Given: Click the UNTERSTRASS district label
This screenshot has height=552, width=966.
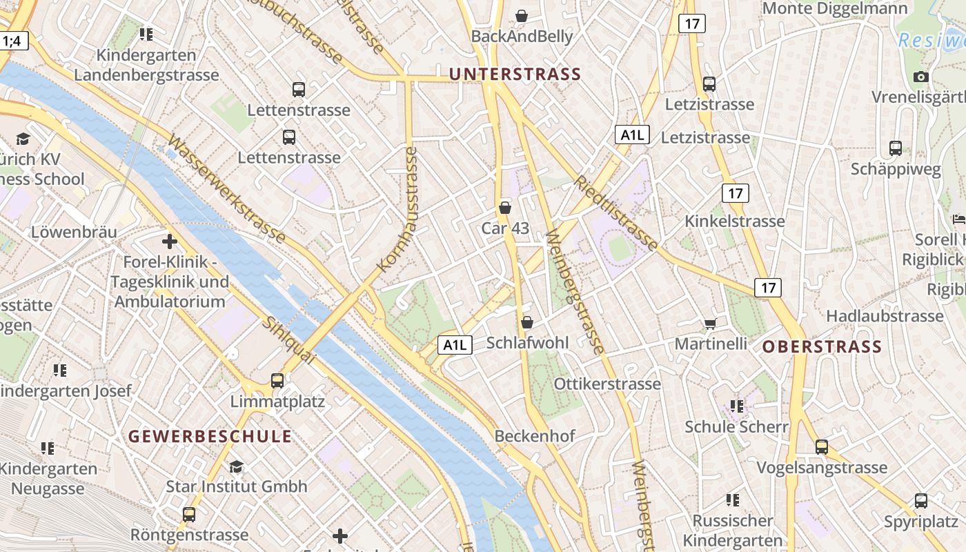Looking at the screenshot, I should tap(515, 74).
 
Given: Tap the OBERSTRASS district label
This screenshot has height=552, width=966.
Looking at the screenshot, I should tap(822, 346).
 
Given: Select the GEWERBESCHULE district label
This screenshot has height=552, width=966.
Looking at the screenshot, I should tap(210, 436).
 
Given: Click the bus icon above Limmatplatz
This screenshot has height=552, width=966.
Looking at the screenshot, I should tap(277, 380).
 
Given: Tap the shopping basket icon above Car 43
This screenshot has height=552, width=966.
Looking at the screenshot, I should tap(505, 207).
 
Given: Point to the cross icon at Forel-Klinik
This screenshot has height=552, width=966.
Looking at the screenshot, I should tap(170, 241).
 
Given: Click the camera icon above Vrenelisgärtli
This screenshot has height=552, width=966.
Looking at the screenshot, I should tap(920, 77).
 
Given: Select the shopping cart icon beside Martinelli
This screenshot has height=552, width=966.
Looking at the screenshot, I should tap(710, 324).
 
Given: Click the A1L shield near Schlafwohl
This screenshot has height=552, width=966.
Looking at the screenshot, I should tap(455, 345).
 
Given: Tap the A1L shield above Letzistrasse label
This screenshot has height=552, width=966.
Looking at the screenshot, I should tap(632, 135).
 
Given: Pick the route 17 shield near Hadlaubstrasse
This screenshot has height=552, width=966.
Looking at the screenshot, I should tap(769, 288).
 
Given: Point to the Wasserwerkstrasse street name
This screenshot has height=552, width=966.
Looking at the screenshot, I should tap(226, 189).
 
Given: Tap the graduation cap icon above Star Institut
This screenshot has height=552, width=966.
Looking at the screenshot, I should tap(236, 467).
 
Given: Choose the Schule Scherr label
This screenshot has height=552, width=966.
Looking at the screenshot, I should tap(736, 426).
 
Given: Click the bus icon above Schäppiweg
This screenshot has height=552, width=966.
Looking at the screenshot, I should tap(896, 148).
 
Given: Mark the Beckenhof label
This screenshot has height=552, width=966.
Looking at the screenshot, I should tap(534, 436).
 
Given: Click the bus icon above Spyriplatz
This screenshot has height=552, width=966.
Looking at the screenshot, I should tap(921, 501).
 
